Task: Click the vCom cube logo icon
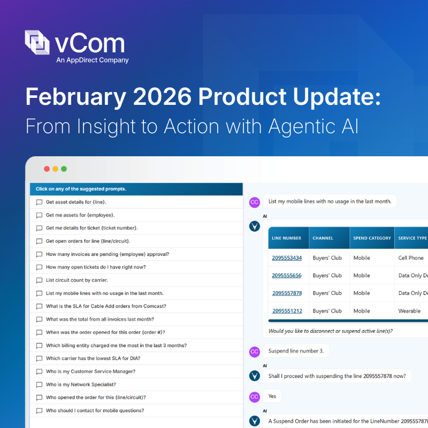coord(37,42)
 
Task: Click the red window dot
coord(47,169)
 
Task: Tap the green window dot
coord(64,169)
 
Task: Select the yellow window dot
coord(55,169)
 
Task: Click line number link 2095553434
coord(286,258)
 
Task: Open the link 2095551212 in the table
coord(287,311)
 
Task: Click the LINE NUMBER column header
coord(286,238)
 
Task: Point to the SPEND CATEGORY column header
coord(372,238)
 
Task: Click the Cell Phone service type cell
coord(411,258)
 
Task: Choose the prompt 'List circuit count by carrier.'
coord(77,280)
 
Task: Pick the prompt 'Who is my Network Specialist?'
coord(81,385)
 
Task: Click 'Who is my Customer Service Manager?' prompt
coord(90,371)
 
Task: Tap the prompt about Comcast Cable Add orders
coord(106,306)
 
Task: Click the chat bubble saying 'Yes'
coord(272,396)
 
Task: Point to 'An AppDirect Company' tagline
coord(93,60)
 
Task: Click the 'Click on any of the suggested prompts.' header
coord(81,189)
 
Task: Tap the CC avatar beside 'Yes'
coord(255,396)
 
